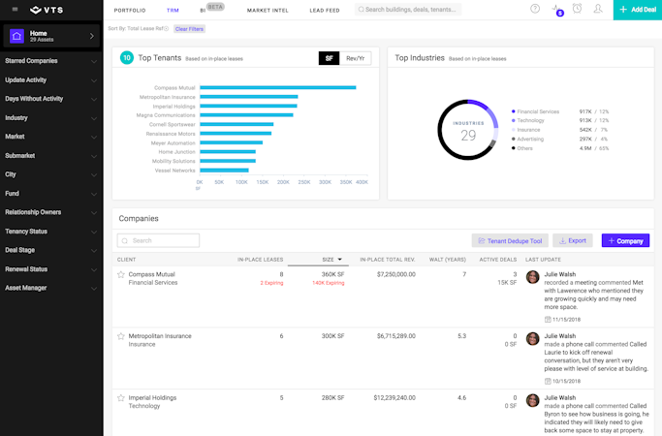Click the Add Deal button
click(x=637, y=10)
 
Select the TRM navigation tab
click(x=173, y=10)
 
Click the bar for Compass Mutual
click(x=277, y=87)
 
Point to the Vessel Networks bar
click(x=226, y=170)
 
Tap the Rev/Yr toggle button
click(x=357, y=58)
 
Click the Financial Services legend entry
click(x=538, y=111)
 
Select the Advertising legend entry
click(x=530, y=139)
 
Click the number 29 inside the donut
click(x=468, y=136)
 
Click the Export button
click(x=572, y=240)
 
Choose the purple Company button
click(x=625, y=240)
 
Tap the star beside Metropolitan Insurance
click(x=121, y=336)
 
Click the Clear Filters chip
click(x=189, y=29)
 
